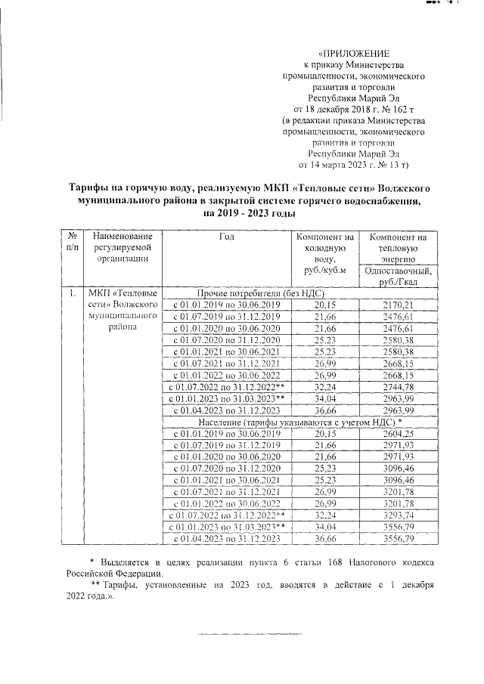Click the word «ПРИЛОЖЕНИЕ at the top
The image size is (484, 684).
355,55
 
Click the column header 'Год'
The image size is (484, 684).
227,237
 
